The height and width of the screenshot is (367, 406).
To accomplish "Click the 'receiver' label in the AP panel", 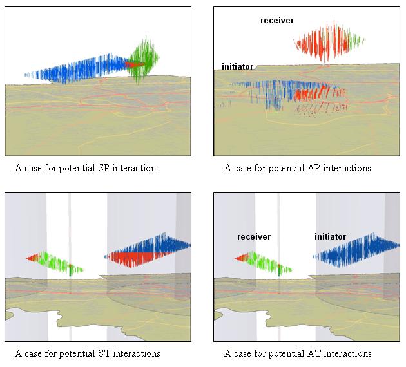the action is [277, 21].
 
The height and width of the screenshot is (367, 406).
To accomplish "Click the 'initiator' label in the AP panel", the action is [237, 67].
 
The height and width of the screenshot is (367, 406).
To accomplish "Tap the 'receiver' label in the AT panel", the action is [254, 237].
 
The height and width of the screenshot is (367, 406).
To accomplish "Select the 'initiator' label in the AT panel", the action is [330, 237].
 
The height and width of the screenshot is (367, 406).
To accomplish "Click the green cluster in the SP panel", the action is [143, 59].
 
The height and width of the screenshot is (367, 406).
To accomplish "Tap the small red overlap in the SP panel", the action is [134, 64].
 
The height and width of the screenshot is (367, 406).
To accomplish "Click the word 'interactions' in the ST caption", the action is [137, 353].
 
